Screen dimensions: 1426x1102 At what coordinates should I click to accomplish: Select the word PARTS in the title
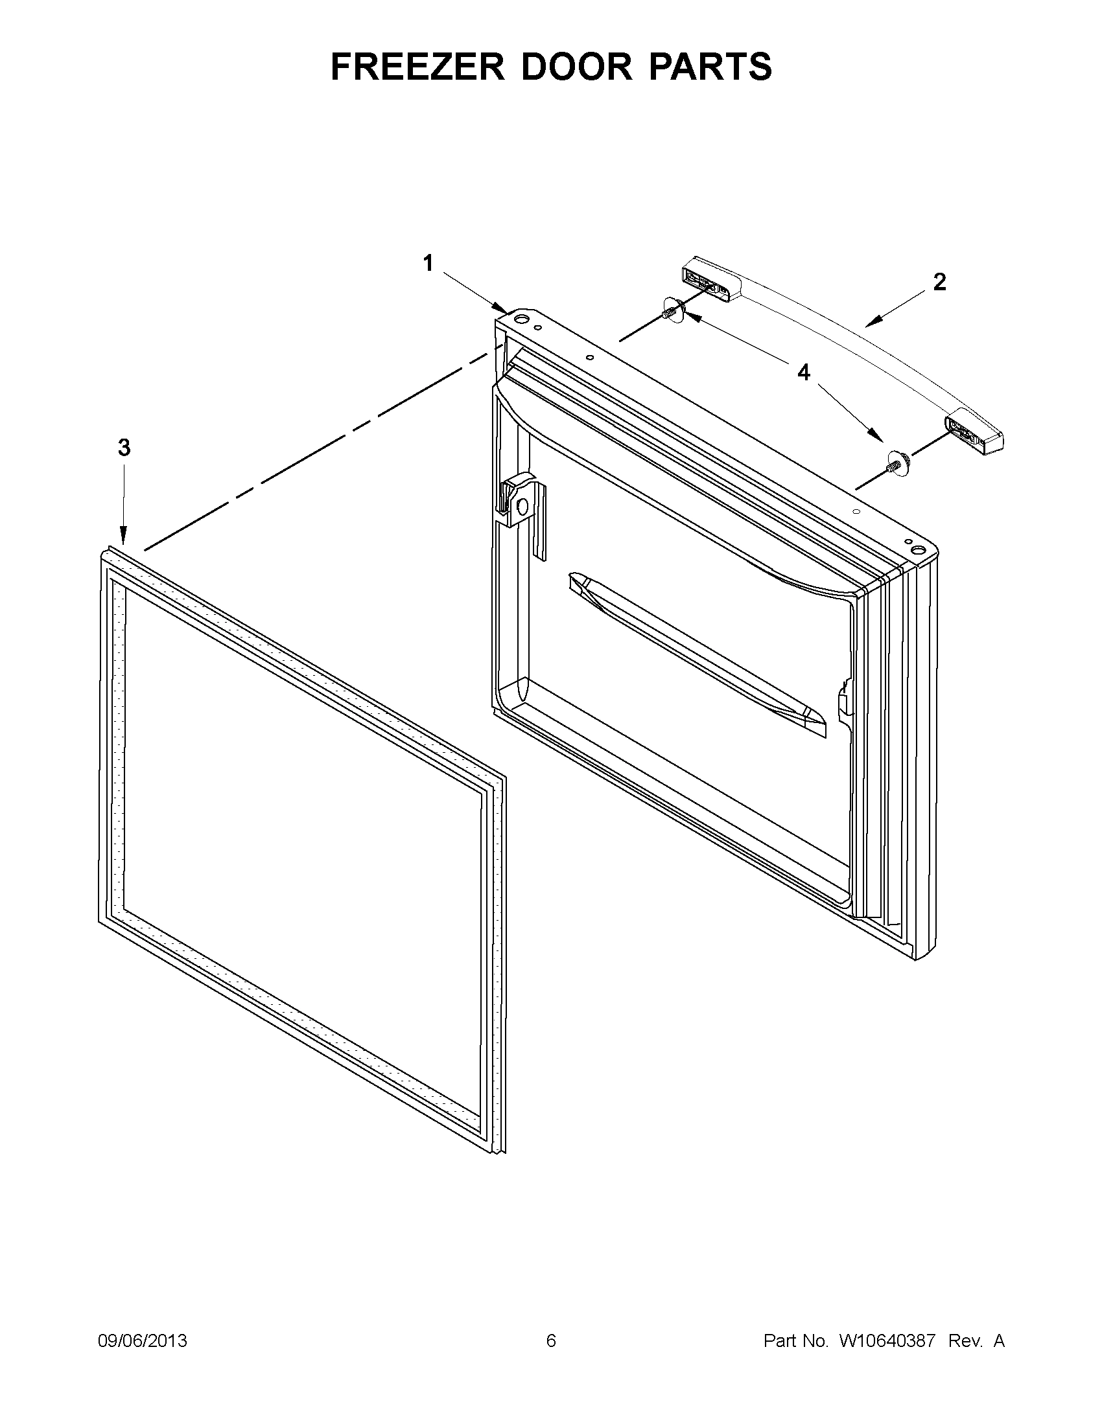click(x=710, y=67)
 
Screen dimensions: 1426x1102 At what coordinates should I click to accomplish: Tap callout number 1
click(x=428, y=264)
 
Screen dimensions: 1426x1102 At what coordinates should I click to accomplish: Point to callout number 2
click(x=939, y=282)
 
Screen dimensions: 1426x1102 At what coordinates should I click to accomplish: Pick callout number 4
click(x=803, y=373)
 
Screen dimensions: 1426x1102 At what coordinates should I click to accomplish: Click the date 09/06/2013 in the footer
click(x=143, y=1341)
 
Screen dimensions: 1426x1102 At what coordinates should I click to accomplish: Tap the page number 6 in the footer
click(x=550, y=1341)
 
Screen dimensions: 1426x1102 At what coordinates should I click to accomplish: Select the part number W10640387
click(x=886, y=1341)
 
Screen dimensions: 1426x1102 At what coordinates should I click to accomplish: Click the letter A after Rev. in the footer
click(x=999, y=1341)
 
